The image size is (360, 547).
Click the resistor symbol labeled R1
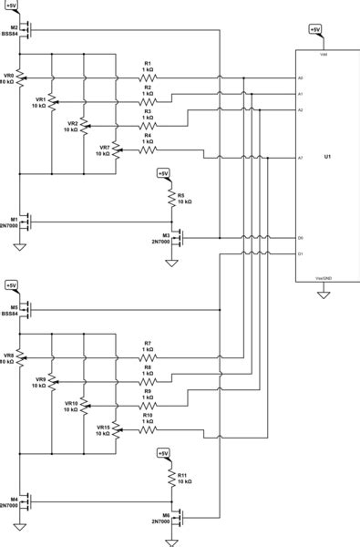point(148,78)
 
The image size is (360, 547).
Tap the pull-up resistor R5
point(170,197)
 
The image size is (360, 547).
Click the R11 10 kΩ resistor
point(170,477)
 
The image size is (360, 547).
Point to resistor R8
point(148,375)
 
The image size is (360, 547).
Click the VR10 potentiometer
point(84,404)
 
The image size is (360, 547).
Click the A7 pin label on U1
point(301,158)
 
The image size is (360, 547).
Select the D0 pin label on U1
point(301,238)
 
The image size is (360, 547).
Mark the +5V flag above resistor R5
point(163,172)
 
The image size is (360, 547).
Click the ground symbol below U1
point(323,294)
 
